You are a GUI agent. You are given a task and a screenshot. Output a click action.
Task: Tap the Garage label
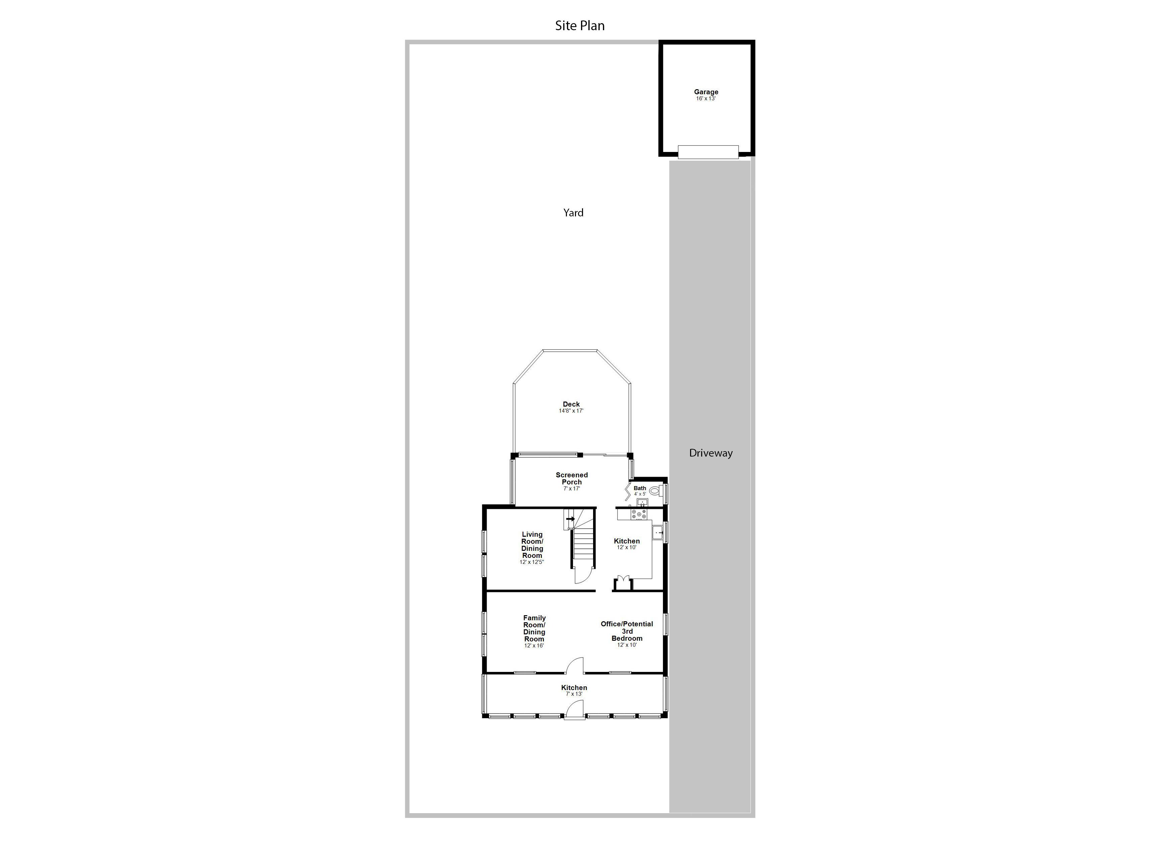[706, 92]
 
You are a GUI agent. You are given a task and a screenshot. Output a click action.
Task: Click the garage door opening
[708, 152]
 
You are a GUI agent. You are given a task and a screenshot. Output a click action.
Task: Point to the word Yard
[573, 213]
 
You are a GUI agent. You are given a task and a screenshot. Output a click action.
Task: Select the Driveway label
[711, 453]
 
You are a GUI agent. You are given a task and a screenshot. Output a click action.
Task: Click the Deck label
[571, 404]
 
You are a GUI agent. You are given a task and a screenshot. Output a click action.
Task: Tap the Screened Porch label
[572, 478]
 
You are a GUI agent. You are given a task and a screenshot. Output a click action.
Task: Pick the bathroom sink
[642, 503]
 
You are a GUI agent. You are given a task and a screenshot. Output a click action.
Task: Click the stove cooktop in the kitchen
[639, 514]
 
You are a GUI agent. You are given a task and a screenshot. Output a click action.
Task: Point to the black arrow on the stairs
[570, 519]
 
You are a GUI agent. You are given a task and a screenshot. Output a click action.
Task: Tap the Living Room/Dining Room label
[532, 545]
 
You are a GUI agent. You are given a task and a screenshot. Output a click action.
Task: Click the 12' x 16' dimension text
[534, 646]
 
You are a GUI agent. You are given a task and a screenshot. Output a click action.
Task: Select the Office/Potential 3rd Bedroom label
[627, 631]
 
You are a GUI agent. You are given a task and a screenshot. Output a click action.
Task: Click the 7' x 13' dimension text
[574, 694]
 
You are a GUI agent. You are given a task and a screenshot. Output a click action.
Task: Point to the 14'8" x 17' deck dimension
[571, 411]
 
